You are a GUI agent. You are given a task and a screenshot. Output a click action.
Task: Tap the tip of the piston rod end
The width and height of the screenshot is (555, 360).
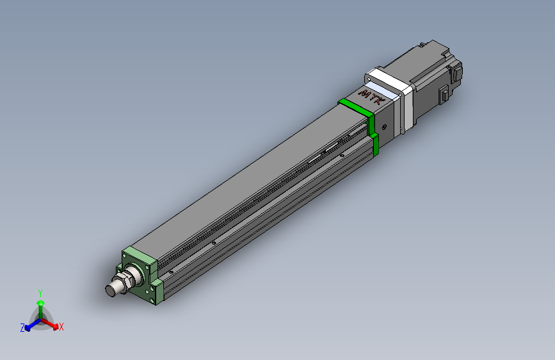tap(110, 291)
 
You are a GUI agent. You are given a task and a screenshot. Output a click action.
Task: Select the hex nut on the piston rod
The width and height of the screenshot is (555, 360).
tap(127, 280)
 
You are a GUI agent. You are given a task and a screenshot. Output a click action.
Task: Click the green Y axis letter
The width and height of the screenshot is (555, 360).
tap(40, 293)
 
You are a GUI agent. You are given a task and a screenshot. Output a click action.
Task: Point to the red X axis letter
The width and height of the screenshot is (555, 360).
tap(61, 327)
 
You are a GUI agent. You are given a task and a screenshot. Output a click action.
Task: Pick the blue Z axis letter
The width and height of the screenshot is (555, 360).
tap(22, 328)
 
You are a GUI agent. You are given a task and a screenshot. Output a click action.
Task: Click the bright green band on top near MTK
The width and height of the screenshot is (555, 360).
tap(356, 107)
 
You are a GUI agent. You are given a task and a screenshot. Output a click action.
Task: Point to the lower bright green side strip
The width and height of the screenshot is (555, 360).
tap(375, 145)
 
